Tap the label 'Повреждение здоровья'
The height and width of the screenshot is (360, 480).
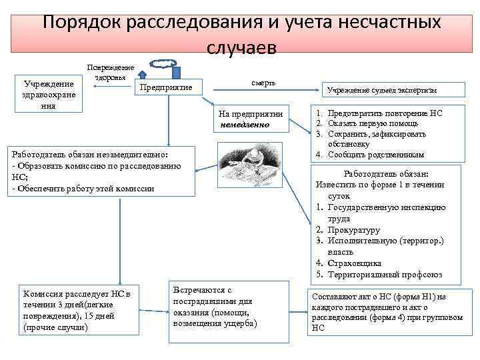click(111, 72)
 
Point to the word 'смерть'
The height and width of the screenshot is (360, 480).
click(263, 82)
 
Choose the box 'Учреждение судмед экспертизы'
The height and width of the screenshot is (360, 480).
click(385, 91)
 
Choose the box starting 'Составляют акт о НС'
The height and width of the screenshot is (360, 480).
click(387, 312)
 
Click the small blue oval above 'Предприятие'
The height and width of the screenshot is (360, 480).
click(161, 64)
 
